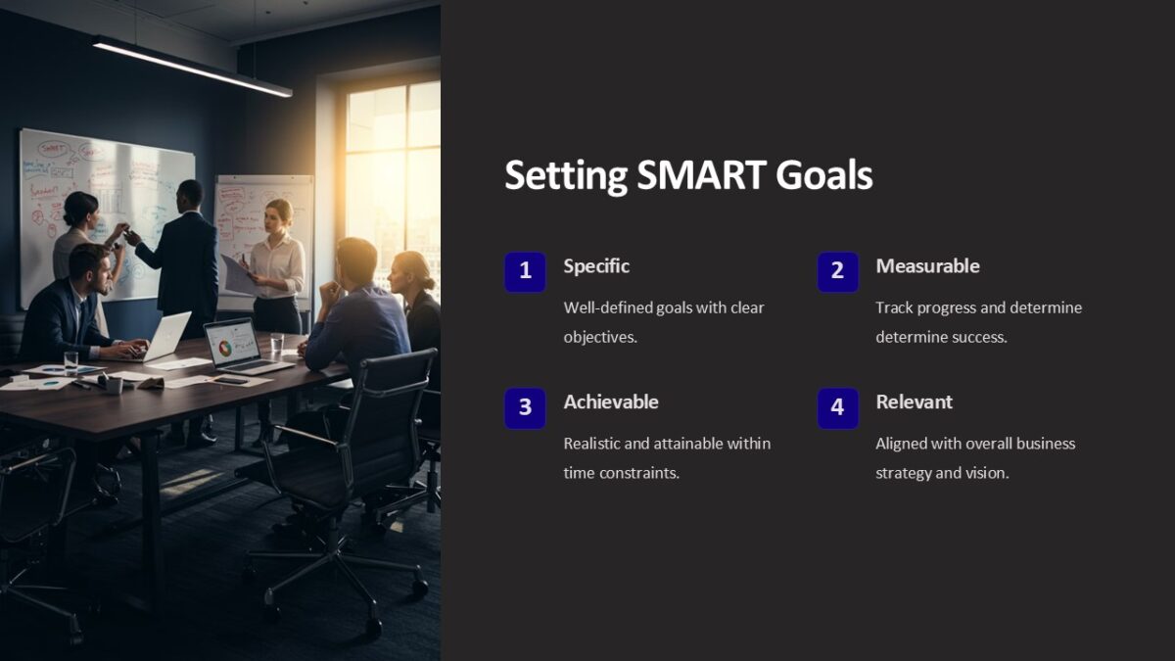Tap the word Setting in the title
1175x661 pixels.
point(566,176)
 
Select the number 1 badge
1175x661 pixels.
point(525,271)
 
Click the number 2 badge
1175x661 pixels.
point(837,271)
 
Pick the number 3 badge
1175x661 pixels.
point(525,407)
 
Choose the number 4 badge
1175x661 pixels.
point(837,407)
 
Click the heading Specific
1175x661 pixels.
point(596,266)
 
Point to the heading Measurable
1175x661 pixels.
point(927,266)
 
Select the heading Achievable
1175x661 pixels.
point(611,401)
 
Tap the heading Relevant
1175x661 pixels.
point(914,401)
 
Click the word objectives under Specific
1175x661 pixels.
point(599,337)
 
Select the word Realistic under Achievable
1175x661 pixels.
point(591,444)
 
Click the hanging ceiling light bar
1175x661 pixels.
point(191,67)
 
